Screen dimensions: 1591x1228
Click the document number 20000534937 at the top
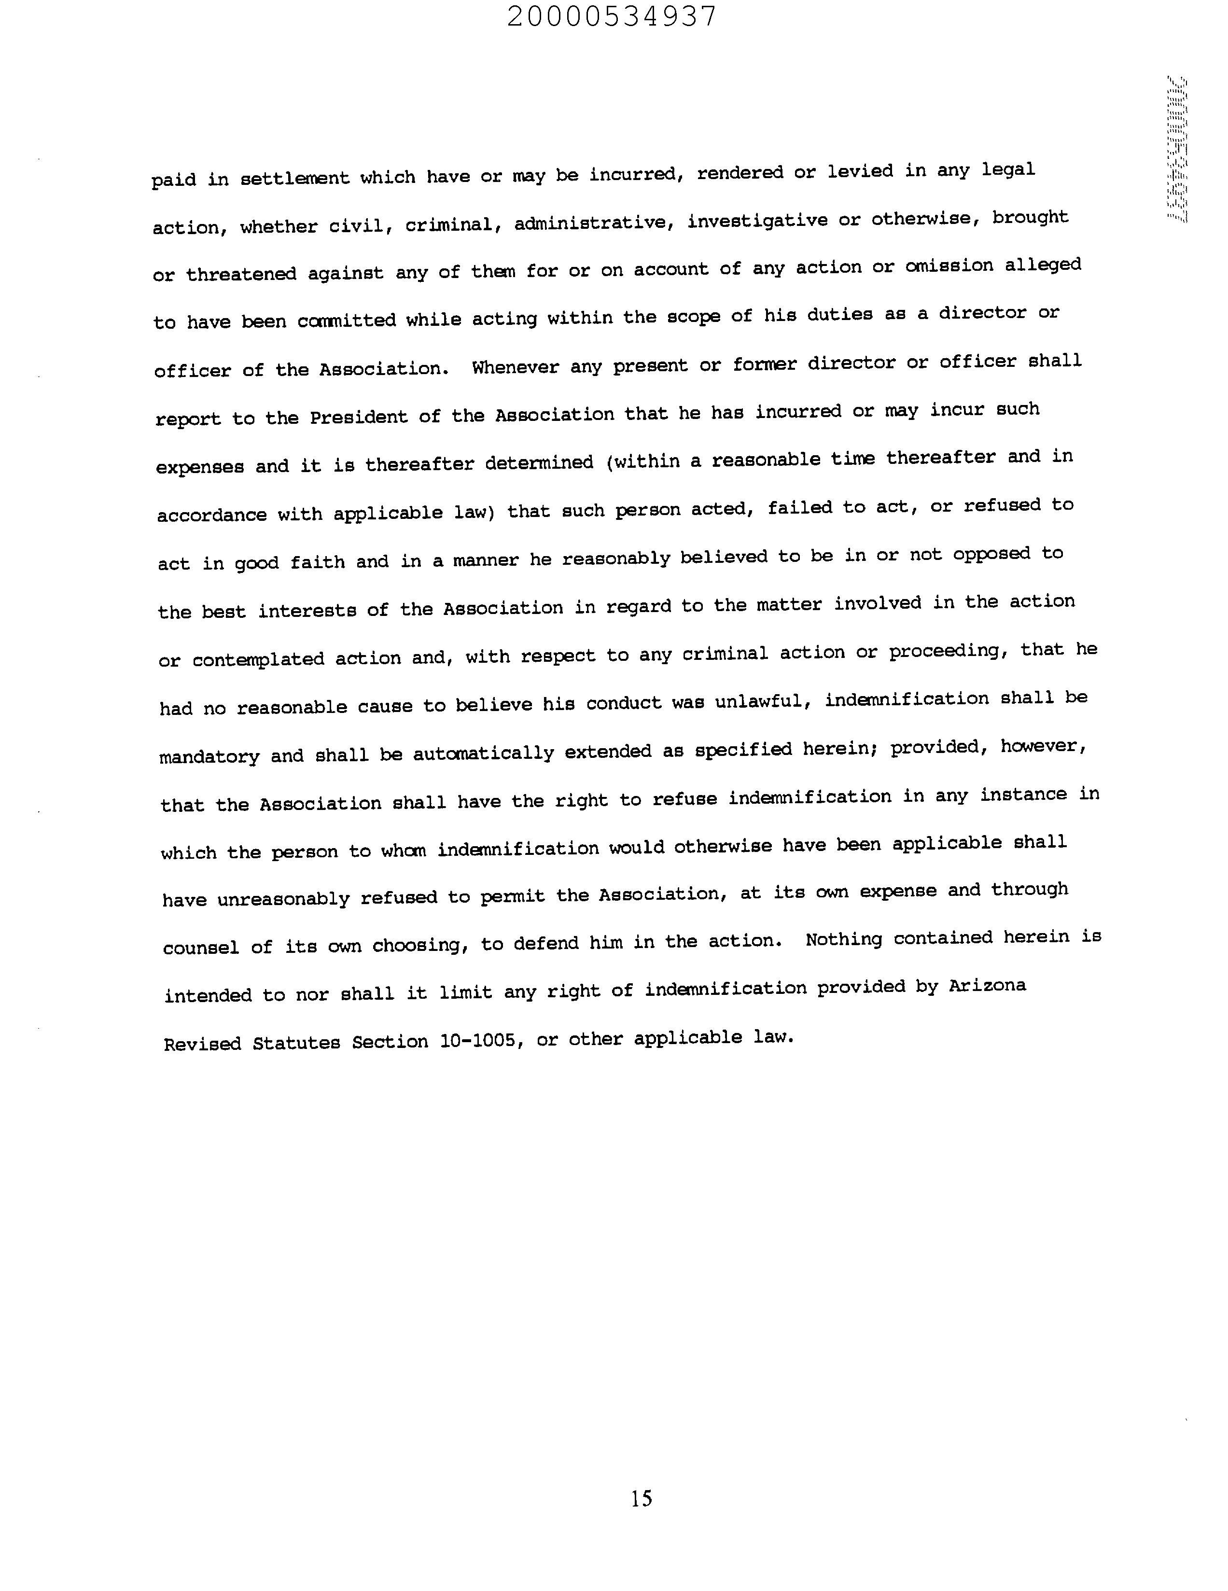click(612, 16)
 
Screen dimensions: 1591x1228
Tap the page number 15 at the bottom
click(641, 1498)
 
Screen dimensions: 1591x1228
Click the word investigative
click(757, 220)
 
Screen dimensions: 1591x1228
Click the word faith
click(318, 562)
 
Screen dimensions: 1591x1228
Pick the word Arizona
click(987, 986)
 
